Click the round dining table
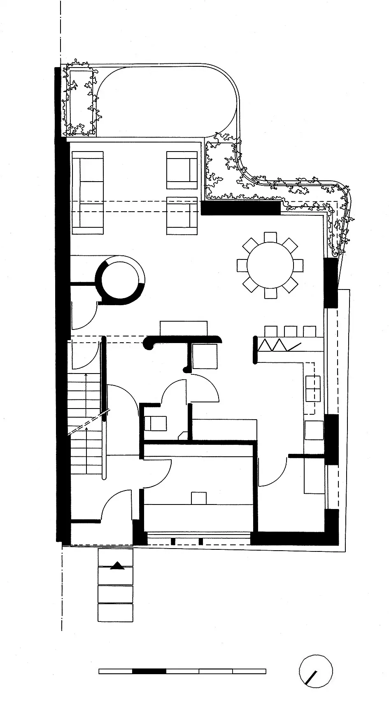(270, 265)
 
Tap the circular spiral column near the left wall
(120, 280)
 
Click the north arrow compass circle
(316, 671)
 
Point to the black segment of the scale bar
(149, 671)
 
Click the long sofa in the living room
(88, 193)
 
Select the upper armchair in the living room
(182, 170)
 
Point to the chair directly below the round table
(270, 293)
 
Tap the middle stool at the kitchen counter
(291, 331)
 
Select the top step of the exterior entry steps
(116, 557)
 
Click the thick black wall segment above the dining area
(240, 208)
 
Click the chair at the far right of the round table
(298, 265)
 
